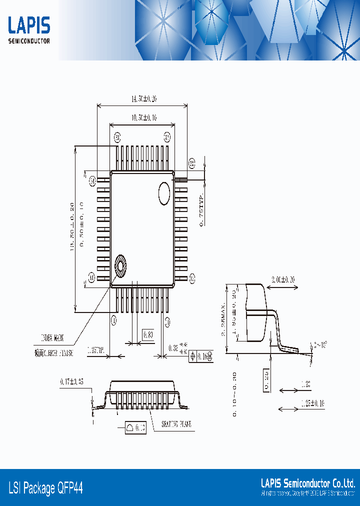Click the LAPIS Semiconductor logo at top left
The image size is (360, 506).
click(29, 30)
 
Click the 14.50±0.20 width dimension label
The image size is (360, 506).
click(144, 99)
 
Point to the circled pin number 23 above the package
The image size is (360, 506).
click(167, 136)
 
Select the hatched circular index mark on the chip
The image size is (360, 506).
click(120, 265)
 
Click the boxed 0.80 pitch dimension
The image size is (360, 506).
click(148, 334)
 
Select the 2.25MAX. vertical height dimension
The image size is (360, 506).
click(223, 320)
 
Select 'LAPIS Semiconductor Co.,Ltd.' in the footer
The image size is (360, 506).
click(308, 483)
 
